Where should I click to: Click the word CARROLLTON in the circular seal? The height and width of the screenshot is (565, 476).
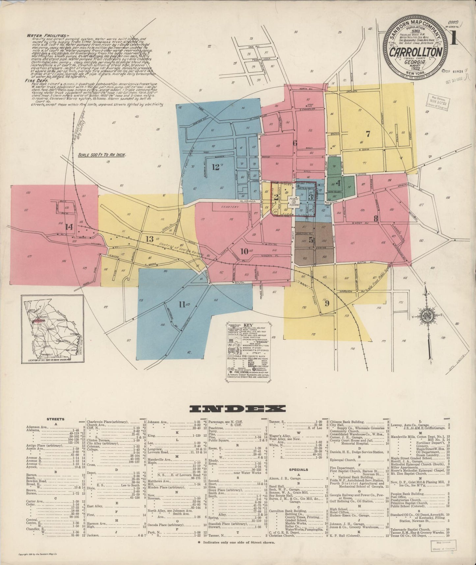[416, 52]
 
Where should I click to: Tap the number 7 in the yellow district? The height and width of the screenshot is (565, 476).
[368, 134]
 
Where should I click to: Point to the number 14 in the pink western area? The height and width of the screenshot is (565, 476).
[69, 227]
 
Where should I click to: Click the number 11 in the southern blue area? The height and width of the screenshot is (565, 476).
[182, 305]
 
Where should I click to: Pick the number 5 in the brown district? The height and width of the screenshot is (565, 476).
[311, 249]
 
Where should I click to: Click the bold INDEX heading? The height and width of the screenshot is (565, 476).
[238, 409]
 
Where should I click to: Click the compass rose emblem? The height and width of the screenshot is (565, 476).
[428, 316]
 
